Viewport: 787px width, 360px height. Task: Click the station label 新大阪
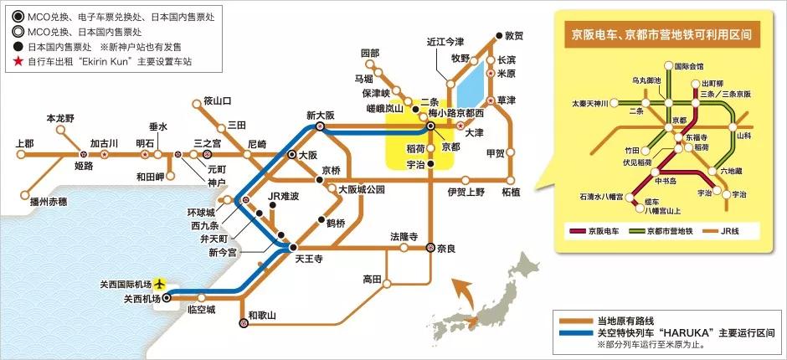(320, 116)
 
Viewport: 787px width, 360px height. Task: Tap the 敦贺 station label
(513, 36)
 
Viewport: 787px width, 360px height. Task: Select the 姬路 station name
(84, 167)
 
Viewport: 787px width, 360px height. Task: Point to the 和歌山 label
(262, 315)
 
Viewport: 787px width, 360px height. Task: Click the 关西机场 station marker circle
(166, 296)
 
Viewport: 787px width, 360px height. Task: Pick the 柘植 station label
(511, 192)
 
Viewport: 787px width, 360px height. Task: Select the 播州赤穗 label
(47, 201)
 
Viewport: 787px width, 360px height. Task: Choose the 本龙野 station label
(61, 118)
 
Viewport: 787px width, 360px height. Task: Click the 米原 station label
(507, 74)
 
